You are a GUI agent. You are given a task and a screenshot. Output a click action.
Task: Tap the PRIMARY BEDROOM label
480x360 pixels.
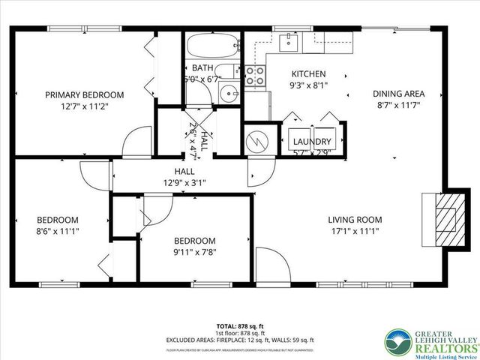coord(84,95)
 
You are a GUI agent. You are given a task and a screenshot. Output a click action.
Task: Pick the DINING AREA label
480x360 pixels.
coord(399,94)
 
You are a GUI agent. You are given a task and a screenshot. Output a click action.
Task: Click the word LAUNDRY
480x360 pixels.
coord(311,141)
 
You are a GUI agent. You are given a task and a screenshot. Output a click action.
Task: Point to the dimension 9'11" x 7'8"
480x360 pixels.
coord(194,253)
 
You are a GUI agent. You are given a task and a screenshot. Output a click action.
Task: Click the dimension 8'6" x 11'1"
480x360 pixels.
coord(58,232)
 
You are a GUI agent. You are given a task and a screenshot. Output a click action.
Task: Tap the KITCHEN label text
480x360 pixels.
coord(308,74)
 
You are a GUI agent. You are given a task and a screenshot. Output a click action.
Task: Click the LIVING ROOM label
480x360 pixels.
coord(355,220)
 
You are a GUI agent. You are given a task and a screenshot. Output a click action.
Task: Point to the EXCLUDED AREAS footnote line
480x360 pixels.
coord(239,340)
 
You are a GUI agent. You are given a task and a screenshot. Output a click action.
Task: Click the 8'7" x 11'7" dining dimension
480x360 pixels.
coord(399,106)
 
